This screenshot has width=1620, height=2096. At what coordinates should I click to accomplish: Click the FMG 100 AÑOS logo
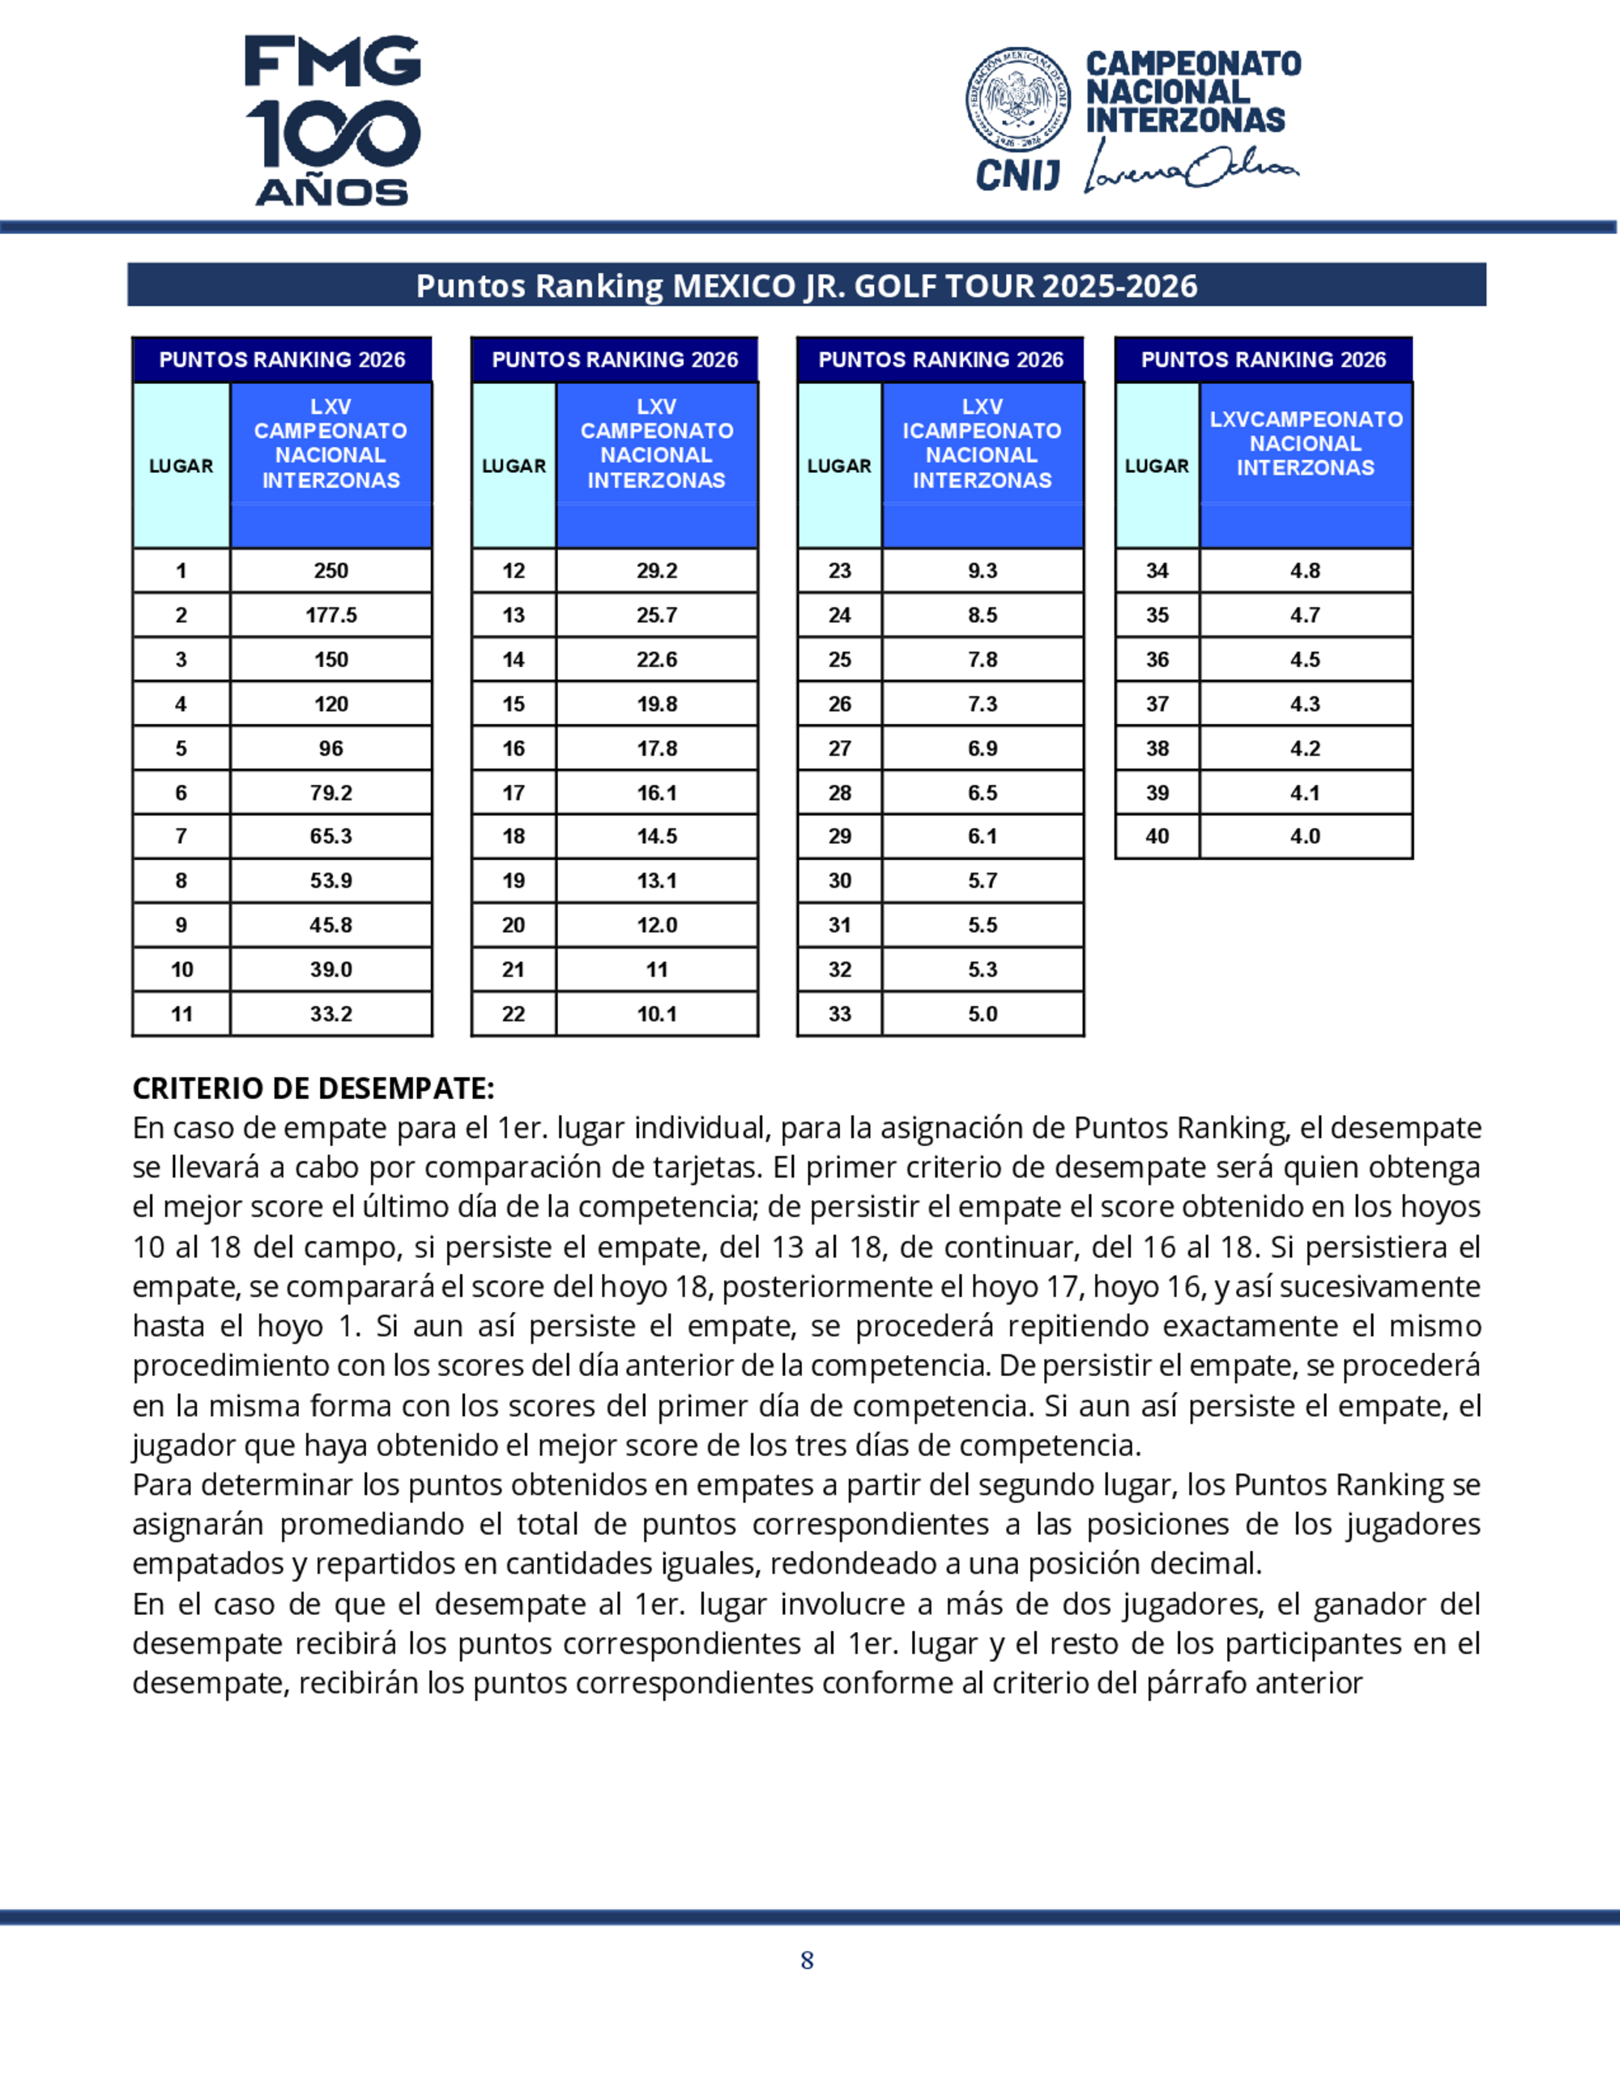[x=332, y=120]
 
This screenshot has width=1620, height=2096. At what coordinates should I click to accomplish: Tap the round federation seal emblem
[x=1018, y=100]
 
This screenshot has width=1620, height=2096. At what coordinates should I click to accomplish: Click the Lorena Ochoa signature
[x=1191, y=168]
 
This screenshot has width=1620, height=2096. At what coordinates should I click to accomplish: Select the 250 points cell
[x=331, y=571]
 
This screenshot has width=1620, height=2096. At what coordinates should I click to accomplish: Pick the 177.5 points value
[x=331, y=616]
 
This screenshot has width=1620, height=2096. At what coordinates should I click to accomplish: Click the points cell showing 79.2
[x=331, y=793]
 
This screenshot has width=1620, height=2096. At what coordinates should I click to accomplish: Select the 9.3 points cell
[x=983, y=571]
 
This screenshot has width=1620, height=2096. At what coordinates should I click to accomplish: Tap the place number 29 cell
[x=840, y=836]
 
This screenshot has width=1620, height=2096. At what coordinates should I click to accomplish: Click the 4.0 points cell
[x=1305, y=836]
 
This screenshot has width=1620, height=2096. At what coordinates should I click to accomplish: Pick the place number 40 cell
[x=1157, y=836]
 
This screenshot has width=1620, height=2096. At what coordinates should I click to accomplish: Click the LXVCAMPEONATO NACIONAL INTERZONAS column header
[x=1305, y=443]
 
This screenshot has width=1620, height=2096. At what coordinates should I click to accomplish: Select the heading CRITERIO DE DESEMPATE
[x=313, y=1088]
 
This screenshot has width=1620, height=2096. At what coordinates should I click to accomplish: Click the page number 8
[x=807, y=1961]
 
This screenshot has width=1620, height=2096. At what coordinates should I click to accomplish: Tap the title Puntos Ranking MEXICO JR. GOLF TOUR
[x=806, y=286]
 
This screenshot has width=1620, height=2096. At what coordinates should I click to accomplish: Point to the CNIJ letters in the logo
[x=1017, y=175]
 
